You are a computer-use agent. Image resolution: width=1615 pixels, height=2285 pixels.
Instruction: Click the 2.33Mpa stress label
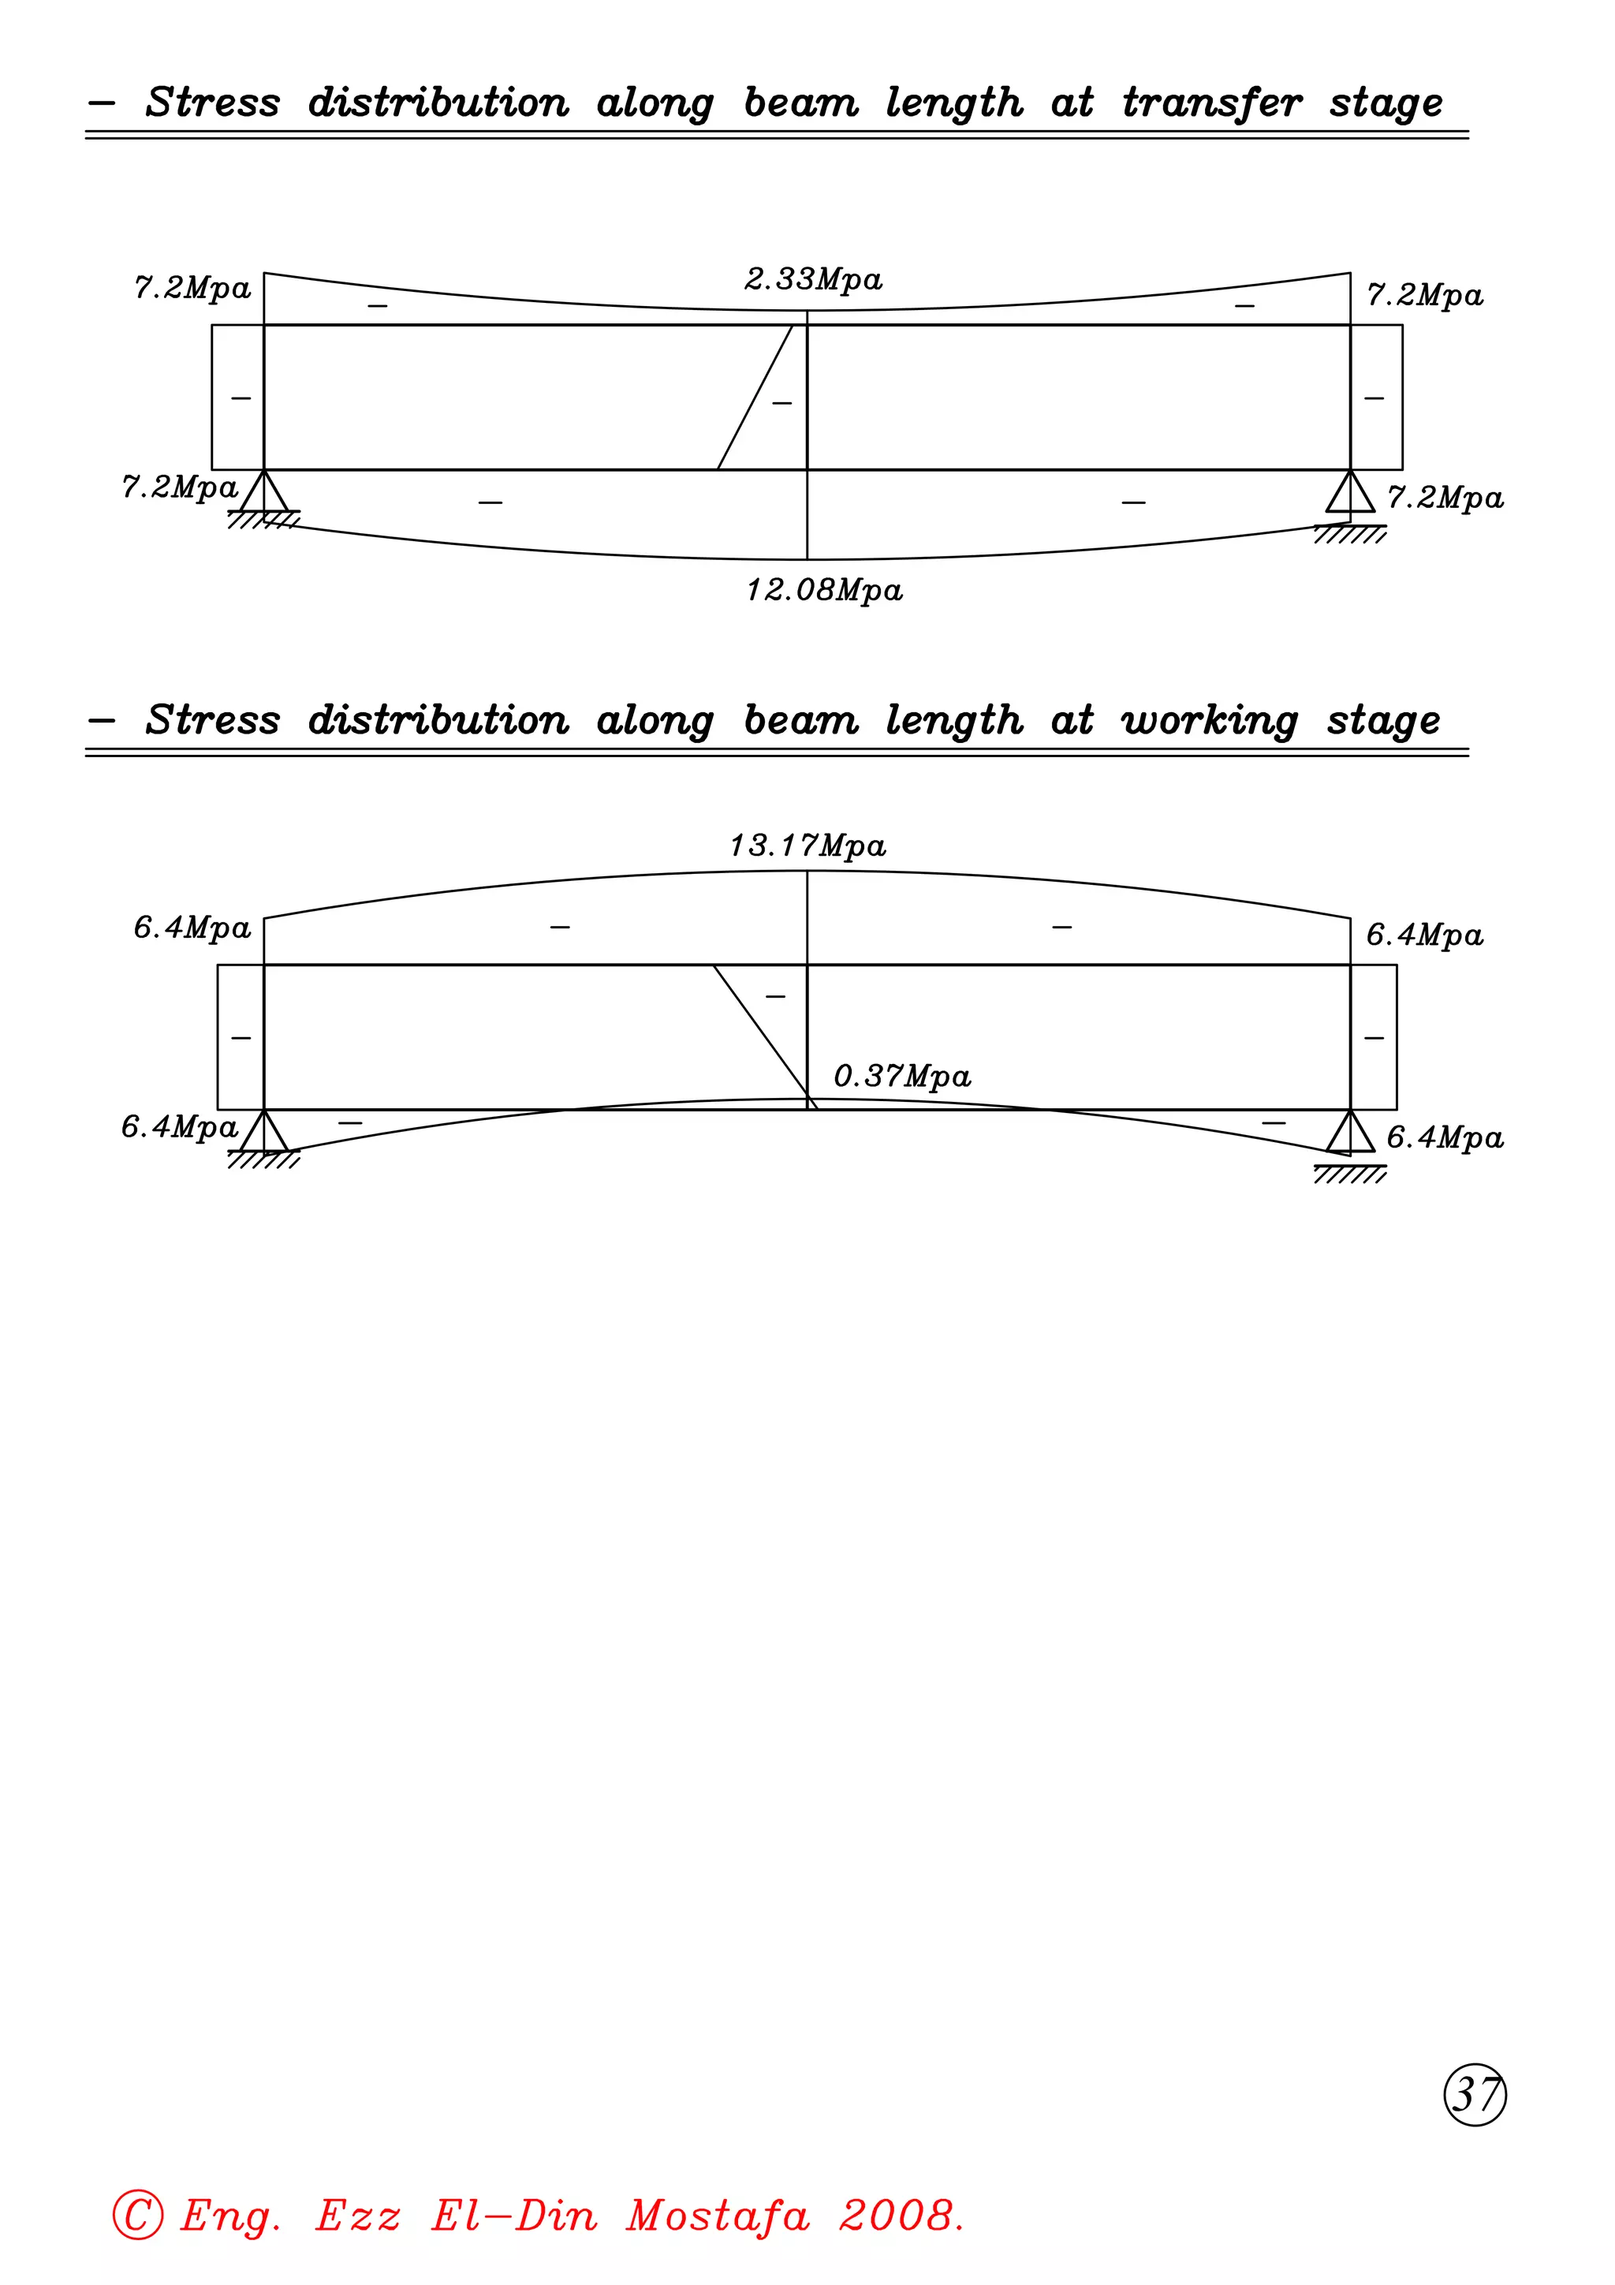[813, 280]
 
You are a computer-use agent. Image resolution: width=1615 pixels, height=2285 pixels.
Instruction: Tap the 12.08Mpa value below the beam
[824, 591]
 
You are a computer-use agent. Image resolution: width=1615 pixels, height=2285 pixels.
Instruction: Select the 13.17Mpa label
[807, 846]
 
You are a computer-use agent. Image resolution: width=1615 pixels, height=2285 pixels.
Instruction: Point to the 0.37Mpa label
[901, 1077]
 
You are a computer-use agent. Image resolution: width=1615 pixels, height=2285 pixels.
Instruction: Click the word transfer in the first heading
[1212, 103]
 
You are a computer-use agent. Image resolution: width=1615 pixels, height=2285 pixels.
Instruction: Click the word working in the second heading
[1209, 722]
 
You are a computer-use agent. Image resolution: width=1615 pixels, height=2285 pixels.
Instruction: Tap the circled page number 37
[1475, 2094]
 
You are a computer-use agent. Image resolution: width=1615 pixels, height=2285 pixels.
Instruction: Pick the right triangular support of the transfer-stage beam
[1350, 493]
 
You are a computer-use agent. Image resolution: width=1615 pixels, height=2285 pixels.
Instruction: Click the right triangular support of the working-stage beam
[1350, 1133]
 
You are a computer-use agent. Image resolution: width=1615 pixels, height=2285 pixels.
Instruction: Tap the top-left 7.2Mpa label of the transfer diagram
[192, 289]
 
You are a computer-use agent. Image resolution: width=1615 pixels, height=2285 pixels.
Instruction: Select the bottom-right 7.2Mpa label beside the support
[1445, 498]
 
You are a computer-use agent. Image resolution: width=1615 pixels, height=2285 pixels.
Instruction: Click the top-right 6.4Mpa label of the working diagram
[1424, 935]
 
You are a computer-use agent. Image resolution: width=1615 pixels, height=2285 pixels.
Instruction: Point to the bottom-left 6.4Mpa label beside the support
[179, 1128]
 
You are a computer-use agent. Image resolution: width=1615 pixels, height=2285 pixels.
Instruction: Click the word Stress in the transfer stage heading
[213, 103]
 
